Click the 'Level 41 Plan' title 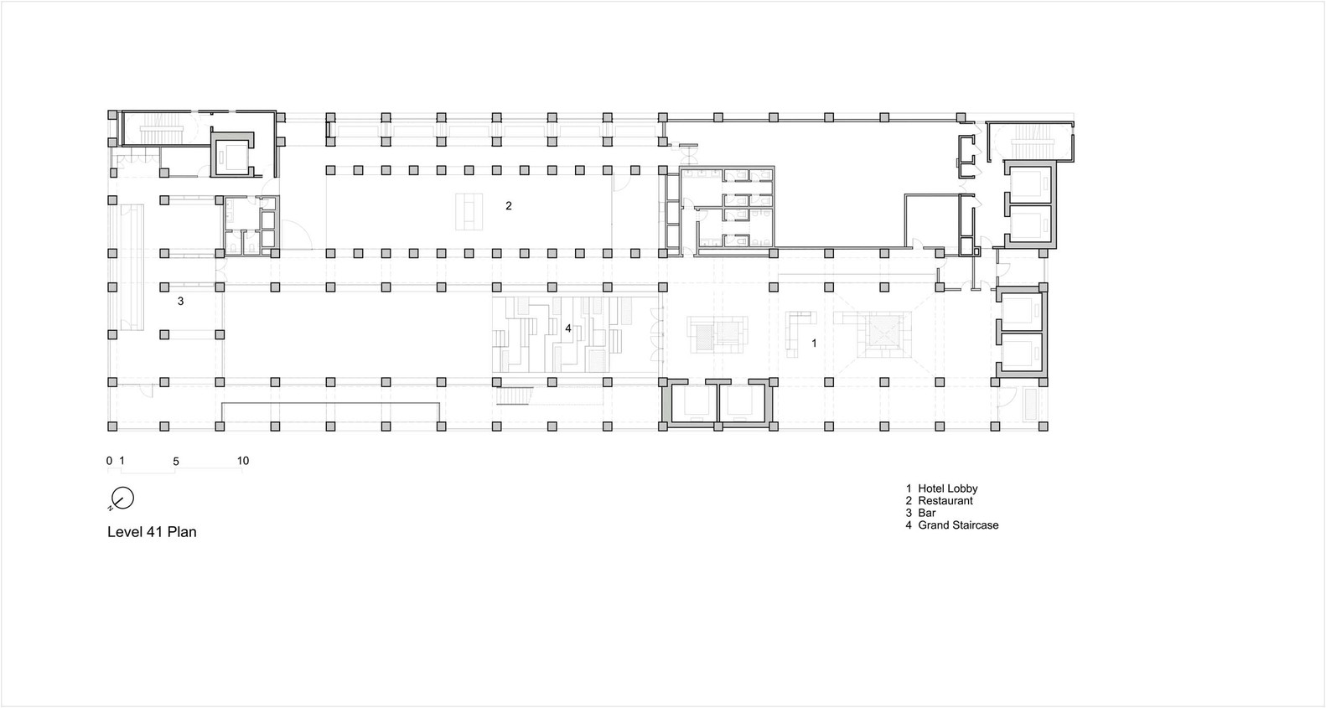coord(152,531)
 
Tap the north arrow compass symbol coord(122,499)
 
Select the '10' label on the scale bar coord(243,461)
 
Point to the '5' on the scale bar coord(176,461)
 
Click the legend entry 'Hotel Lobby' coord(948,488)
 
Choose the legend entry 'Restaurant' coord(945,501)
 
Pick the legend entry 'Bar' coord(927,513)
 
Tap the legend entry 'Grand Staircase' coord(958,525)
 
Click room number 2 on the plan coord(509,205)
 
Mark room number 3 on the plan coord(180,302)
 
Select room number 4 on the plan coord(568,328)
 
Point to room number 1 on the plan coord(814,343)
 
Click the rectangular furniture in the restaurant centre coord(469,211)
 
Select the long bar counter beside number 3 coord(132,267)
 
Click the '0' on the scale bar coord(109,461)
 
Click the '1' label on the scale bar coord(122,461)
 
